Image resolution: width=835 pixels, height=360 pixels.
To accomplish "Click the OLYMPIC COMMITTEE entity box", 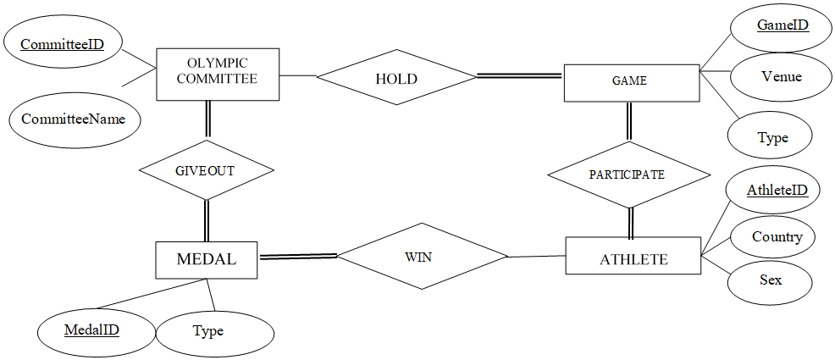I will point(218,74).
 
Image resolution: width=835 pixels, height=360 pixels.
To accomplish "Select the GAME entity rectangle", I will point(631,81).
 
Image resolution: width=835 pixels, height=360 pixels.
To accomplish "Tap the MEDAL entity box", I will point(207,259).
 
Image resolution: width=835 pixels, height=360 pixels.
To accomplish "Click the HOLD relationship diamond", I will point(396,78).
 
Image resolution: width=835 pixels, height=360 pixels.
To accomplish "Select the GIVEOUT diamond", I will point(206,170).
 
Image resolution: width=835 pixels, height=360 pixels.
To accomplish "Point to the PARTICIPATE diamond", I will point(628,174).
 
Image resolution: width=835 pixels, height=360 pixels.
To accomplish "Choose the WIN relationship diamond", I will point(422,257).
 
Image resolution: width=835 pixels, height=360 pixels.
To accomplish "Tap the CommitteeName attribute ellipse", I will point(74,119).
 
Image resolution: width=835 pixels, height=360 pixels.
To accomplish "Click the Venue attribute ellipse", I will point(782,77).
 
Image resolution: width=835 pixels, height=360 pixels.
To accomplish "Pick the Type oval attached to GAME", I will point(771,136).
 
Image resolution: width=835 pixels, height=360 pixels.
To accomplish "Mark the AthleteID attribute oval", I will point(777,191).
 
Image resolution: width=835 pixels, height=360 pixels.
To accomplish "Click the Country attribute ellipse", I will point(776,237).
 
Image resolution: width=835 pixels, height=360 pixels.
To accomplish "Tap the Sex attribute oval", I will point(770,280).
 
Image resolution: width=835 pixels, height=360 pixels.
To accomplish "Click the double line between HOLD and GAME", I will point(520,76).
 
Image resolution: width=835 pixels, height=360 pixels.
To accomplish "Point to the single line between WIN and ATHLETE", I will point(535,256).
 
